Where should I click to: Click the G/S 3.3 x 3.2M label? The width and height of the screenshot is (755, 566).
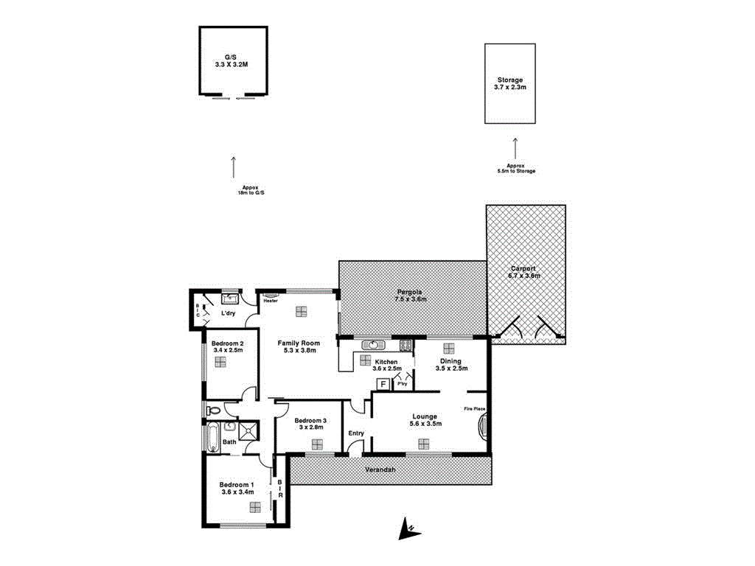(x=232, y=60)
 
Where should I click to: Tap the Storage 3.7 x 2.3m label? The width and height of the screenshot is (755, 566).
(x=509, y=83)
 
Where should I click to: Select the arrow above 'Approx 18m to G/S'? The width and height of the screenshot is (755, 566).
(x=234, y=167)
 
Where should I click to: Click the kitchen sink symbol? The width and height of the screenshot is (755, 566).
(x=372, y=345)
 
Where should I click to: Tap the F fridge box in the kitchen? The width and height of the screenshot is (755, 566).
(x=383, y=384)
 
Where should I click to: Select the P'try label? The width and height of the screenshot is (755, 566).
(x=403, y=384)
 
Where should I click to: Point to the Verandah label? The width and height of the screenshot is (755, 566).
(x=381, y=470)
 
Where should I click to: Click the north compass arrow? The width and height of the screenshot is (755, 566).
(x=406, y=528)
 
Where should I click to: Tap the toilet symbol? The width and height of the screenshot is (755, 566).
(x=214, y=410)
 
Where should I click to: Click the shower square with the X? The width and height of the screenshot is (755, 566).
(x=247, y=430)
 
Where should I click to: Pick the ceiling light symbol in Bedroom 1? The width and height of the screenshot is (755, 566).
(x=255, y=506)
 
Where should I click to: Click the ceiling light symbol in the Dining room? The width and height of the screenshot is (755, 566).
(x=448, y=349)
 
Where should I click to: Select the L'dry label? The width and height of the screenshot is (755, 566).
(x=229, y=313)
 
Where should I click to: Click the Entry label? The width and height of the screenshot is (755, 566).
(x=356, y=433)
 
